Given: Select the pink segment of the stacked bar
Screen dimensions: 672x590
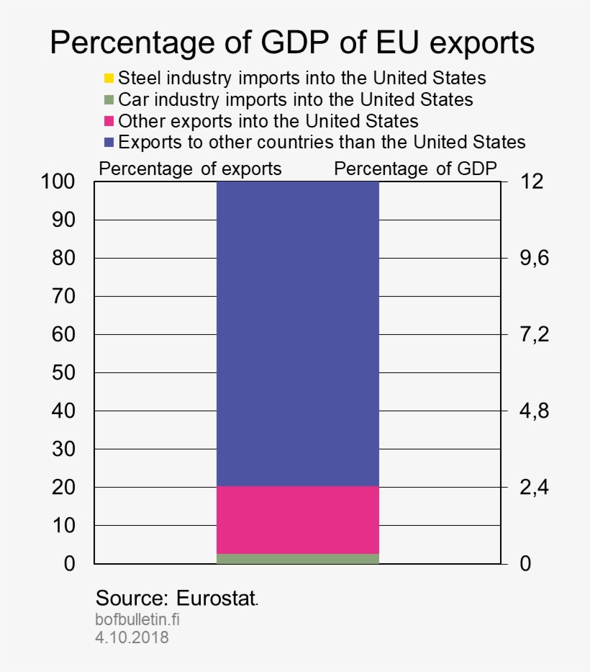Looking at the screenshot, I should (297, 519).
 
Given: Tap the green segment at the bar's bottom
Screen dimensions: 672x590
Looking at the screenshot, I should (297, 559).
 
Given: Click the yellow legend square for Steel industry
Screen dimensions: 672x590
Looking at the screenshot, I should (109, 78).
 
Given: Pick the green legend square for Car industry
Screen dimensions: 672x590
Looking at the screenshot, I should (109, 99).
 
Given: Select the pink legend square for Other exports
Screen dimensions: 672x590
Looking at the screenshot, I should (109, 120).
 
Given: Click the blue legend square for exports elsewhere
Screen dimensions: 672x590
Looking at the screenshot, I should (109, 141).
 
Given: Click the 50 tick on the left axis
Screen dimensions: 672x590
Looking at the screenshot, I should (64, 373).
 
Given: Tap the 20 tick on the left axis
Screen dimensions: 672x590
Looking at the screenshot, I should (64, 488).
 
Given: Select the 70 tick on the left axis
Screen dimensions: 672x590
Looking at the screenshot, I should (64, 296).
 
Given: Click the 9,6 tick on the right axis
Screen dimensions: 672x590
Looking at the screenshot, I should (533, 258).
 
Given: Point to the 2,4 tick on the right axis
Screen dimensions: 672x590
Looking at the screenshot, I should (533, 488).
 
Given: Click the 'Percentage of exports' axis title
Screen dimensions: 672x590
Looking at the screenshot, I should (190, 169).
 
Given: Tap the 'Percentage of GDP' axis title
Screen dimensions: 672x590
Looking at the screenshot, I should (415, 169).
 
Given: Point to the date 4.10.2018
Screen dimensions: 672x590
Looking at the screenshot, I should (132, 637).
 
